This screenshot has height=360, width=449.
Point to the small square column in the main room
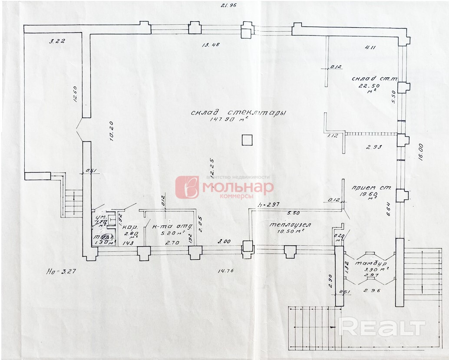pos(247,140)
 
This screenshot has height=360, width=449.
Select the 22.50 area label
pos(363,86)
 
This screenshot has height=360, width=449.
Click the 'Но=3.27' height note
pos(59,272)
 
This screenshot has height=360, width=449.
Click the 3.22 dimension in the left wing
pos(57,41)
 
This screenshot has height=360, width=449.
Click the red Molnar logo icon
pos(187,187)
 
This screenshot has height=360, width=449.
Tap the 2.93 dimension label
pos(373,147)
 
